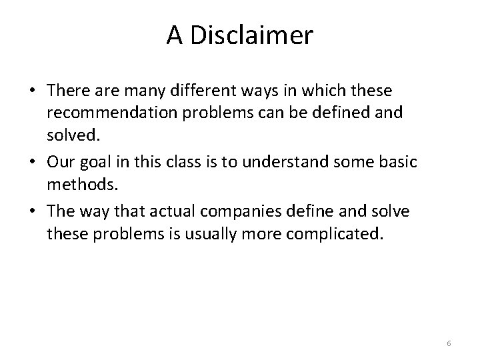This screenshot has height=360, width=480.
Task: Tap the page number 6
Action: (x=449, y=343)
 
